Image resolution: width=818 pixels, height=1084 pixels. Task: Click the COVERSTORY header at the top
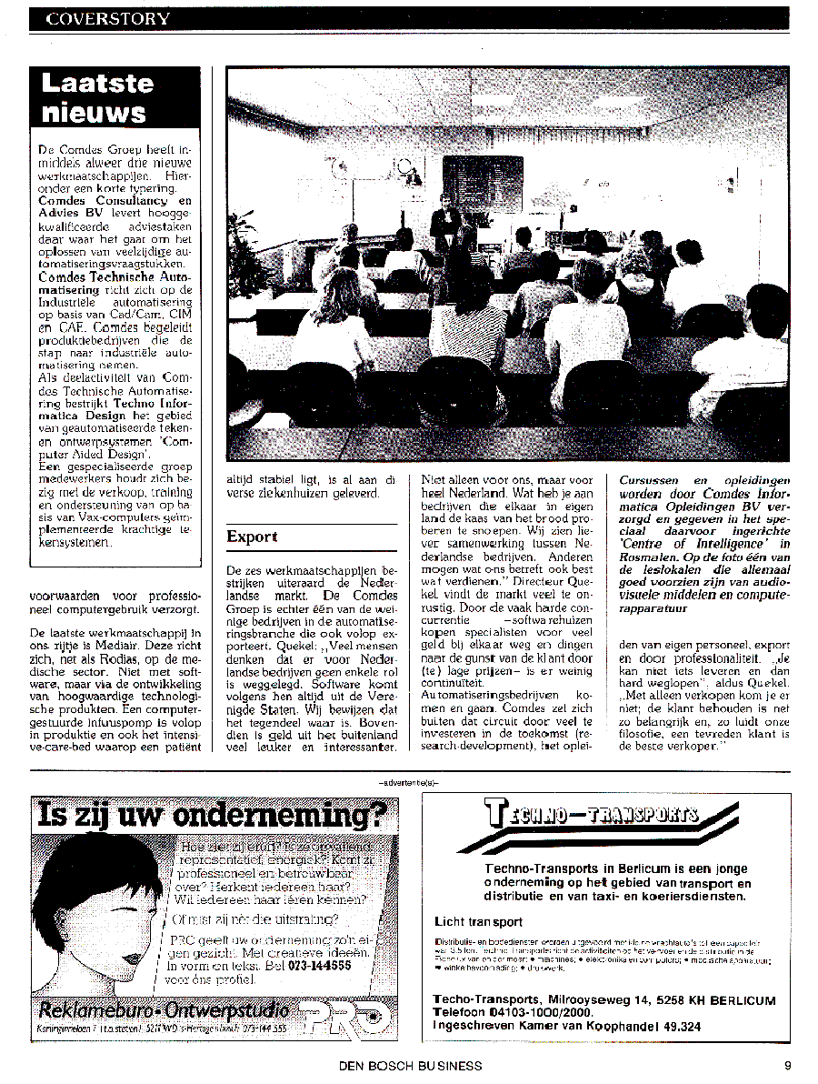[108, 18]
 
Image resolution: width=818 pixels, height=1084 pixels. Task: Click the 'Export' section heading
[252, 537]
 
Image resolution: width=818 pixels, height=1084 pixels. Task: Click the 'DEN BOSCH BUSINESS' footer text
[410, 1065]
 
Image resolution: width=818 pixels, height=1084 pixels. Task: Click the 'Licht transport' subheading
[478, 921]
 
